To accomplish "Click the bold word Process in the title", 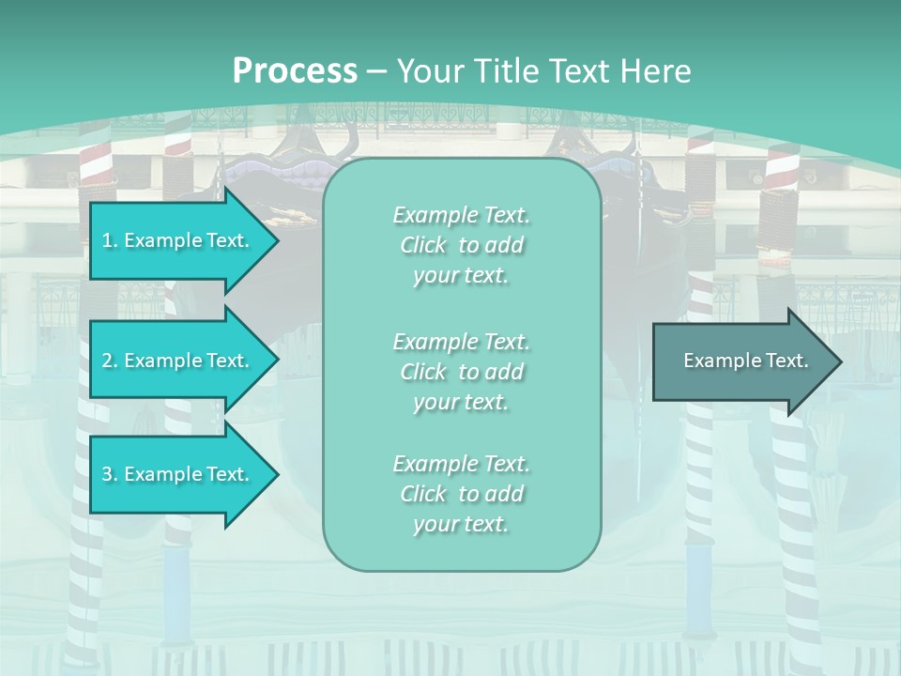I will click(295, 70).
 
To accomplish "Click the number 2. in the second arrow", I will click(109, 361).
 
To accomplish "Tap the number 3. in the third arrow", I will click(109, 474).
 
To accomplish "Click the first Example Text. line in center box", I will click(461, 215).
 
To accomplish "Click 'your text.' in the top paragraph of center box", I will click(461, 275).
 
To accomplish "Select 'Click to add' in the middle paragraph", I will click(461, 372).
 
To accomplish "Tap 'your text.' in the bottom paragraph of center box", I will click(461, 524).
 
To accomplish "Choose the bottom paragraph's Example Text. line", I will click(461, 464).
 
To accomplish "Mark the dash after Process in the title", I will click(376, 71).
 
